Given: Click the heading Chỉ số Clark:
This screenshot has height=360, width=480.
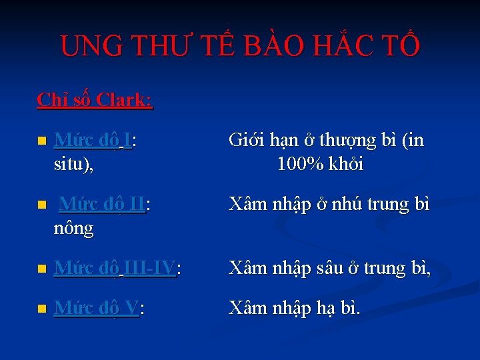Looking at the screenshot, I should click(95, 100).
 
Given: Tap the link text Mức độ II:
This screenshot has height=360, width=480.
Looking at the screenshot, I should click(104, 205).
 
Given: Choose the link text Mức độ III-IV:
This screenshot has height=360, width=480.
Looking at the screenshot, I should click(117, 269).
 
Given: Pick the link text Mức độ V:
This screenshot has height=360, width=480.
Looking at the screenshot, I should click(99, 308).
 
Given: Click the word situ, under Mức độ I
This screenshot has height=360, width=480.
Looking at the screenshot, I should click(73, 164).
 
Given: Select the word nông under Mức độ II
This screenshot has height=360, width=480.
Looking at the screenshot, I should click(73, 229).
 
